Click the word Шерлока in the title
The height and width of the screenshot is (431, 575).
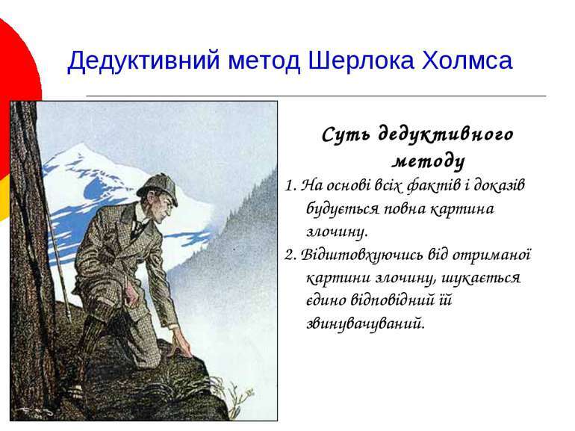coord(361,61)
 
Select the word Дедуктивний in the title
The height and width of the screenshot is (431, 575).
coord(143,61)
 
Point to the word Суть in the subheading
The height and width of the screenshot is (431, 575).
coord(346,134)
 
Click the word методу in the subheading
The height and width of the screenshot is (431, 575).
coord(429,161)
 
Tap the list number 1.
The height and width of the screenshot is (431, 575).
coord(290,185)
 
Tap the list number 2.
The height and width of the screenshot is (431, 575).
coord(290,255)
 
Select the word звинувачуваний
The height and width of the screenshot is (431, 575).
coord(366,323)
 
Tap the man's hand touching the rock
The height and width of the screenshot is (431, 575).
coord(182,342)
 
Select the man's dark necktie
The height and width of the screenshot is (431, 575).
coord(137,229)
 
